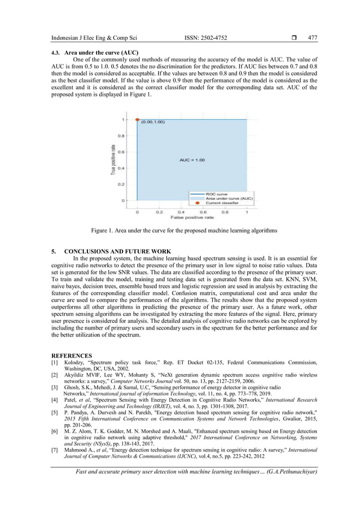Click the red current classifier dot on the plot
coord(137,120)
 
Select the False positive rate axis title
coord(192,217)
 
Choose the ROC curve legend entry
coord(216,194)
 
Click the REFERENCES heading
coord(73,356)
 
